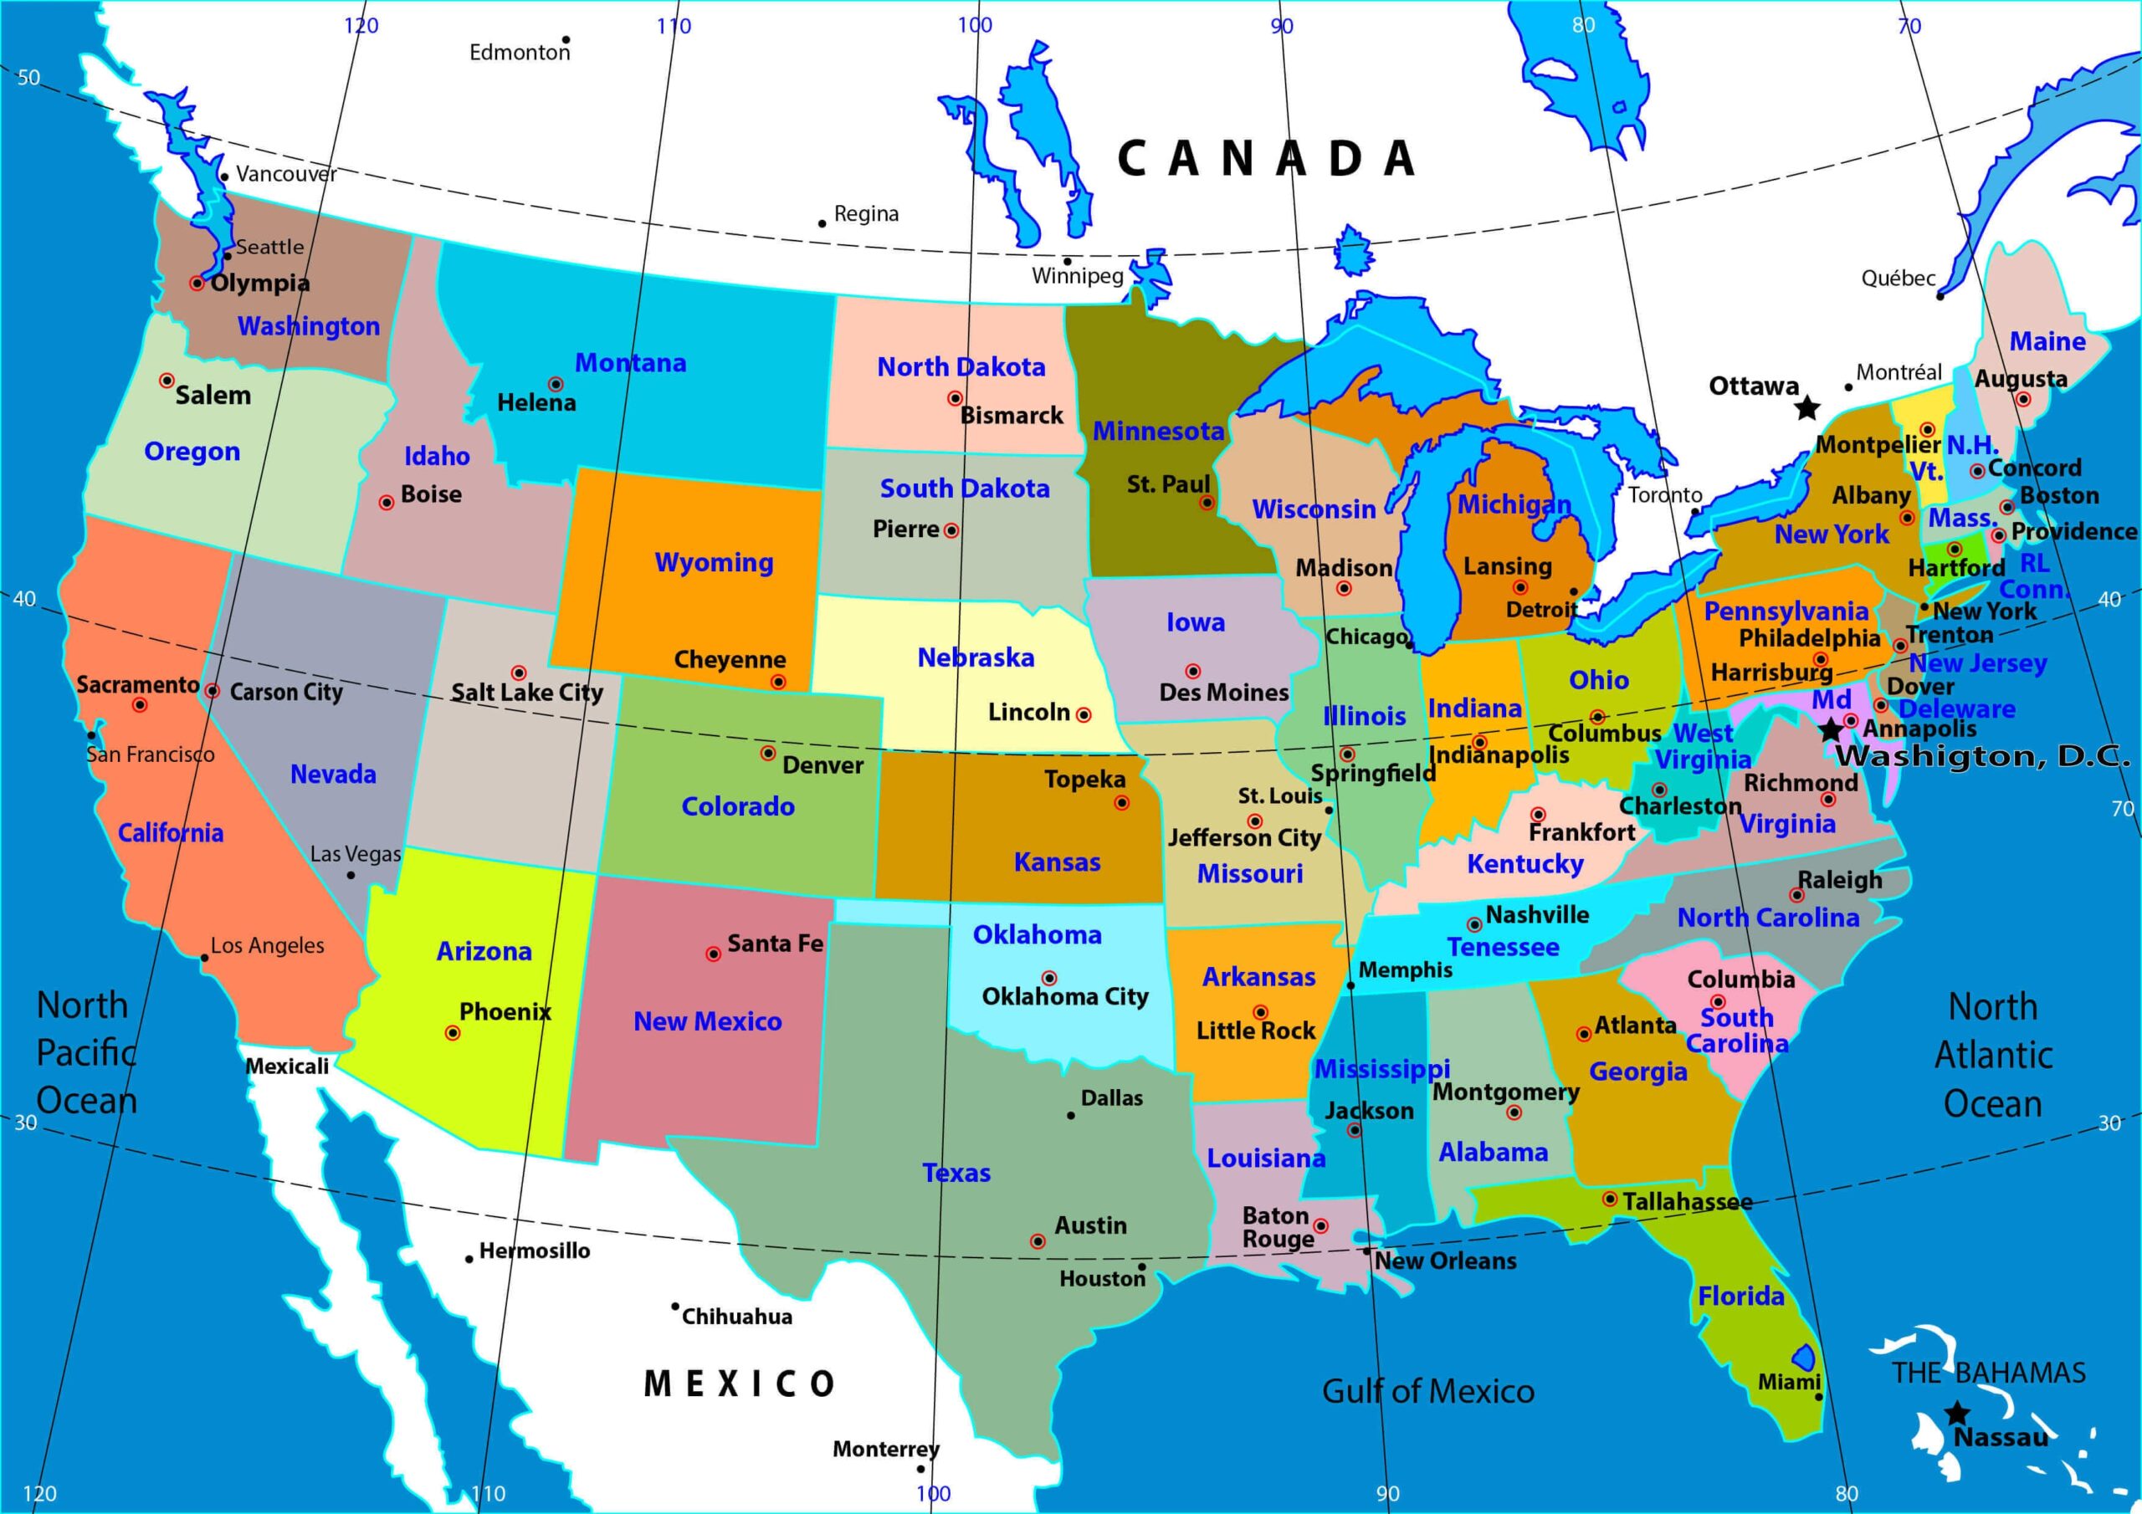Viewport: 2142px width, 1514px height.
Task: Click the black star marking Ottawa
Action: tap(1807, 407)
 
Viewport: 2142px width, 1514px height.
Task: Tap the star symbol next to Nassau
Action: tap(1957, 1414)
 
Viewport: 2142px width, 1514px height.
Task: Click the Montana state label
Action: tap(630, 363)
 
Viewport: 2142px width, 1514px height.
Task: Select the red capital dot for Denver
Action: tap(768, 753)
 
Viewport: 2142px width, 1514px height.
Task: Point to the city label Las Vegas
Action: tap(356, 853)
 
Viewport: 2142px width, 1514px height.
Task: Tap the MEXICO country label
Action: tap(740, 1384)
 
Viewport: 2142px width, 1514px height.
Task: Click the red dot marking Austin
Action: tap(1038, 1241)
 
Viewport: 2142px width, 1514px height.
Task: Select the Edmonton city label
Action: tap(519, 52)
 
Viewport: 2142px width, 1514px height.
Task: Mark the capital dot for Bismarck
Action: tap(955, 398)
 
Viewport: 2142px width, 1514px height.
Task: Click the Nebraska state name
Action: tap(976, 657)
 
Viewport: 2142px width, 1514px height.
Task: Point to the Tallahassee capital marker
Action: tap(1609, 1199)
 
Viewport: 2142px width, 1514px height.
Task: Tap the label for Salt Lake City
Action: tap(527, 692)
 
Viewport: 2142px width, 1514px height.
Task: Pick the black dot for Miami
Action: tap(1818, 1396)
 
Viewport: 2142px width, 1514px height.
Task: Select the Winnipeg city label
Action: tap(1078, 276)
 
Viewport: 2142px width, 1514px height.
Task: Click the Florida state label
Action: tap(1741, 1296)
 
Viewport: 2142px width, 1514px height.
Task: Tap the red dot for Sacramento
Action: tap(139, 705)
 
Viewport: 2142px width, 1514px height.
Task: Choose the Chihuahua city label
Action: tap(737, 1317)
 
